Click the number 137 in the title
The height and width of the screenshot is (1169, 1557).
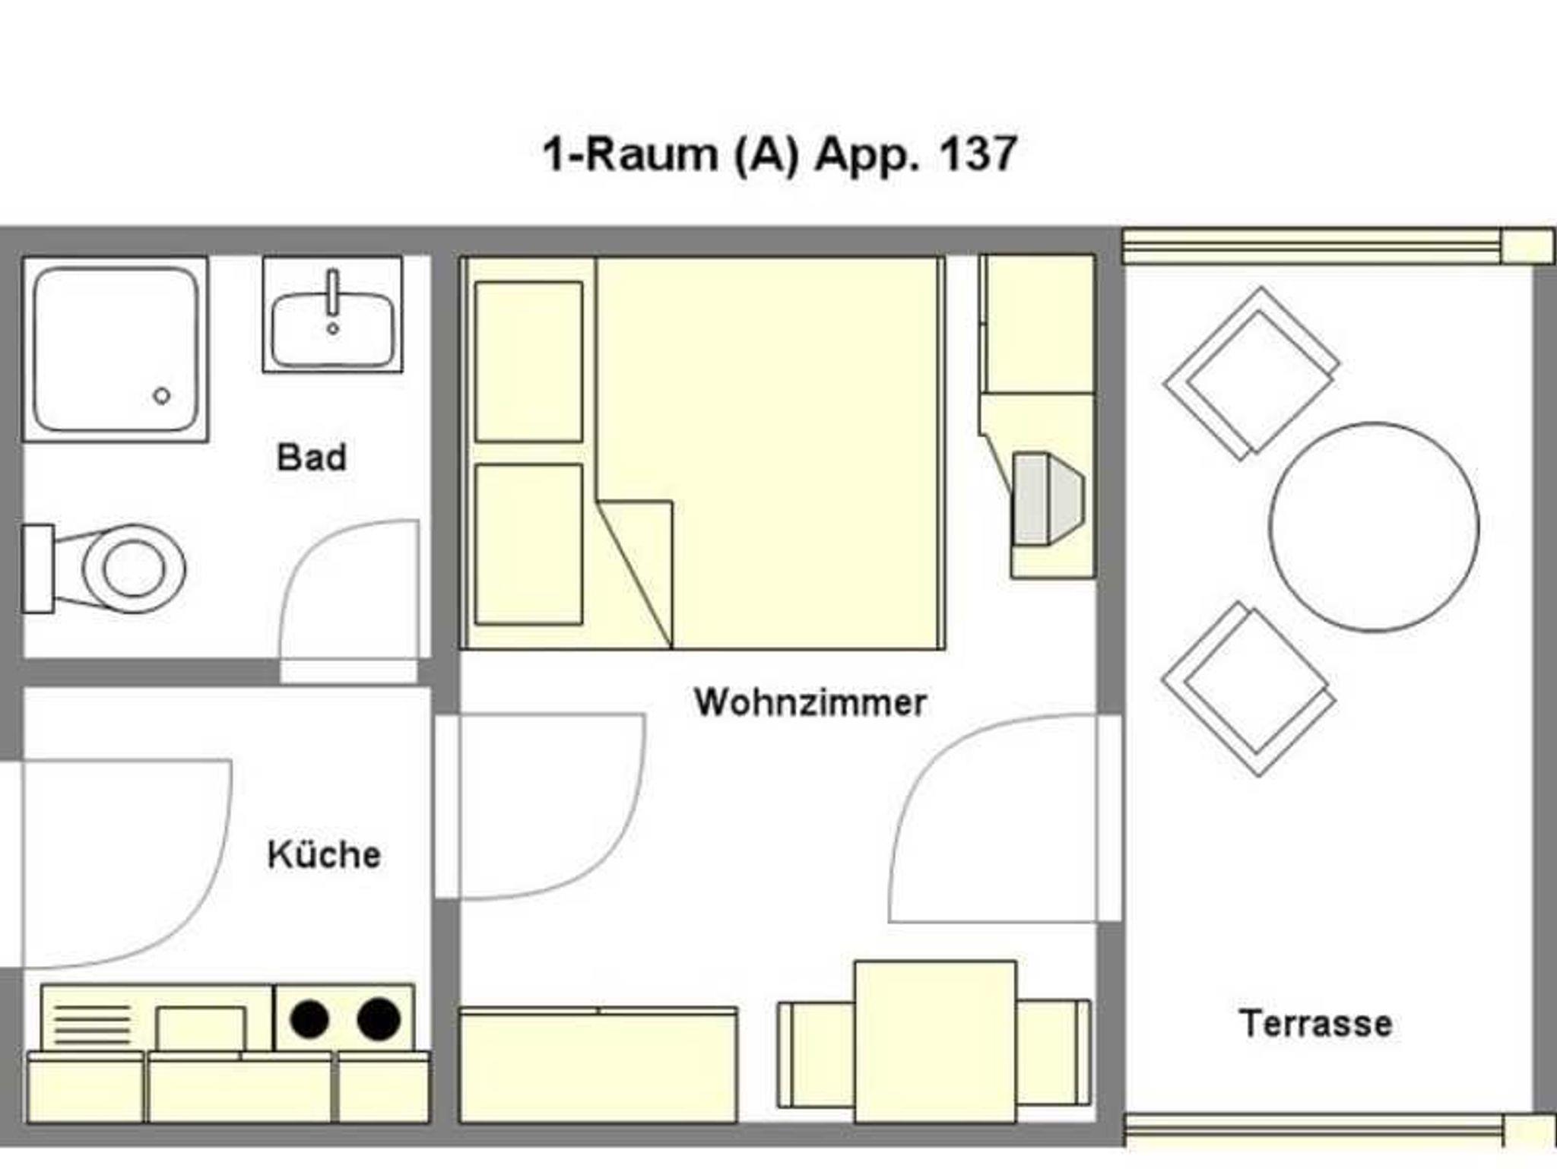978,154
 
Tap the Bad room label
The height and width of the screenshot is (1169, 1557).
312,458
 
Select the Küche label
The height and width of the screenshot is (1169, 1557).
324,854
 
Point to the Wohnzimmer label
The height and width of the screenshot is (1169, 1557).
810,702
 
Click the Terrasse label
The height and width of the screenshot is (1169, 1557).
1316,1023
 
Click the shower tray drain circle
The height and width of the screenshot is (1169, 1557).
162,395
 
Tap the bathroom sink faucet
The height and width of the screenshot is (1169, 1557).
332,296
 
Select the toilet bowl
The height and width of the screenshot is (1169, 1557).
134,569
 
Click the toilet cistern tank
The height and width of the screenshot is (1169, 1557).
38,569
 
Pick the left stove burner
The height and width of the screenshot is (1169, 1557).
309,1019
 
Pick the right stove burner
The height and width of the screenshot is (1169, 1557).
379,1019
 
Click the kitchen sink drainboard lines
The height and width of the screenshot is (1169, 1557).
93,1024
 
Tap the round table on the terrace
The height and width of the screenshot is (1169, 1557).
1375,527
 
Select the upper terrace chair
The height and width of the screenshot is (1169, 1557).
1251,373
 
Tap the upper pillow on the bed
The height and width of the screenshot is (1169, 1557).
529,361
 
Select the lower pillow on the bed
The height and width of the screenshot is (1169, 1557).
529,544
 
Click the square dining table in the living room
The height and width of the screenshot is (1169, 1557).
935,1041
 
